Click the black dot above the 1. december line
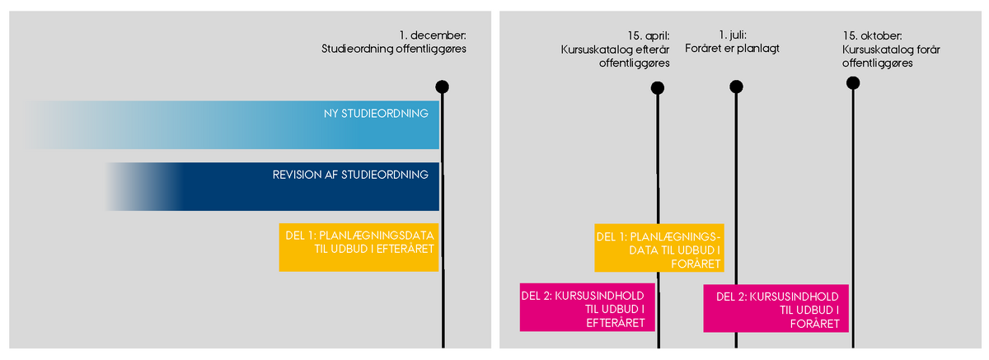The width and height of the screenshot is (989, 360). pyautogui.click(x=443, y=86)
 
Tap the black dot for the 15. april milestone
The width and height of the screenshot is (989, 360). pyautogui.click(x=657, y=88)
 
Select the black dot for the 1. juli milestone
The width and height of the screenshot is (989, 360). pyautogui.click(x=736, y=86)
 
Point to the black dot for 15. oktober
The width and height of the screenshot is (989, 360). pyautogui.click(x=853, y=82)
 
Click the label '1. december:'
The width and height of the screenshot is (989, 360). pyautogui.click(x=433, y=35)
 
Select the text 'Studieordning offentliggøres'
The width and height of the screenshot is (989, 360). pyautogui.click(x=394, y=49)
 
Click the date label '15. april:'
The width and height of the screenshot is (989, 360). pyautogui.click(x=648, y=35)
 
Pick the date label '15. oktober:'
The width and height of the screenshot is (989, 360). pyautogui.click(x=872, y=35)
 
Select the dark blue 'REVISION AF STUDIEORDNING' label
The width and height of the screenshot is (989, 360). pyautogui.click(x=350, y=175)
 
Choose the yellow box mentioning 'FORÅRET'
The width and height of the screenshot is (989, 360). pyautogui.click(x=659, y=247)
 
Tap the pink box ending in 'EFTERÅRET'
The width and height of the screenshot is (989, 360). pyautogui.click(x=587, y=308)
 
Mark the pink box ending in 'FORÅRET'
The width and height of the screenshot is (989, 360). pyautogui.click(x=776, y=308)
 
